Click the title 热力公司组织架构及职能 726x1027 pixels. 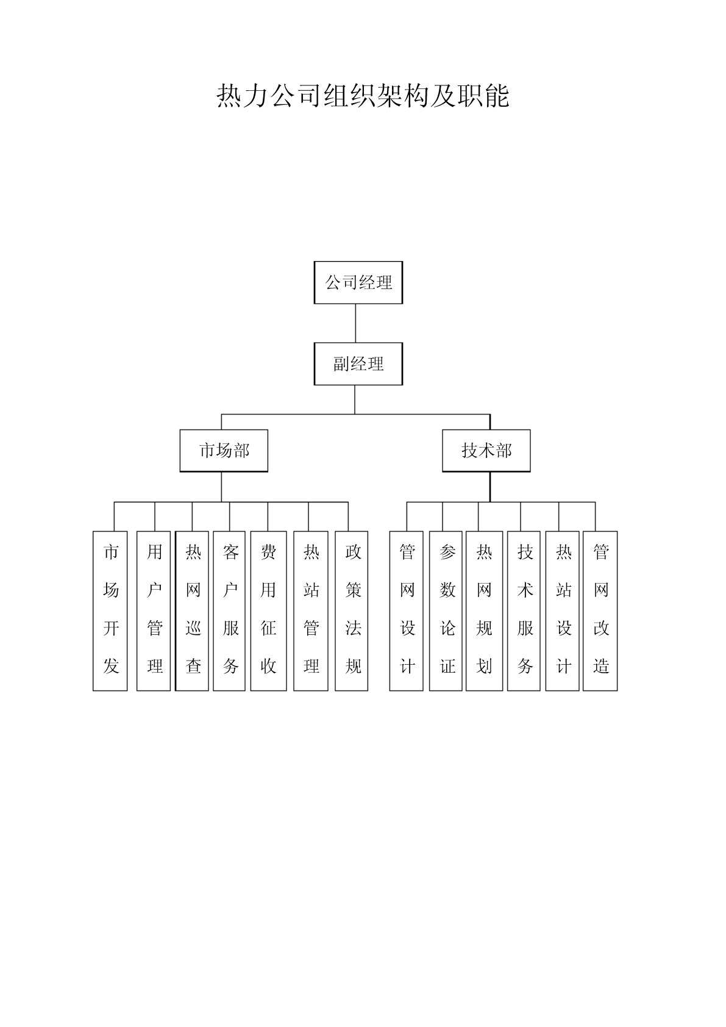363,96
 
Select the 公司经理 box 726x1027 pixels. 358,282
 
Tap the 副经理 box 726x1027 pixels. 358,363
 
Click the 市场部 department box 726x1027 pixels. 224,451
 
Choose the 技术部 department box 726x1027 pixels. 486,451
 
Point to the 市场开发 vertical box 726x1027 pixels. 110,610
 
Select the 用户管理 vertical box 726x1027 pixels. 154,610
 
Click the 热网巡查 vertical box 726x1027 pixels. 192,610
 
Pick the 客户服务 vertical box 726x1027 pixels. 229,610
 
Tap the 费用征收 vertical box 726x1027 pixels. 269,610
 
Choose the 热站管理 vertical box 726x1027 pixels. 311,610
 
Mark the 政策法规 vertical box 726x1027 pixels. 352,610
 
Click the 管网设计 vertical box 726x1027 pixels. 407,610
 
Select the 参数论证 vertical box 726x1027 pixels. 446,610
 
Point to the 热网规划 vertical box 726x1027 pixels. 485,610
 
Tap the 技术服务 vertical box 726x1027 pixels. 524,610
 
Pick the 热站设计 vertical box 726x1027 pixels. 563,610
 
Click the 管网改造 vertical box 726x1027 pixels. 600,610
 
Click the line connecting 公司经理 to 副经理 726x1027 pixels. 355,323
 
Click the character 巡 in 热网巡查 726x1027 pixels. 193,628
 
